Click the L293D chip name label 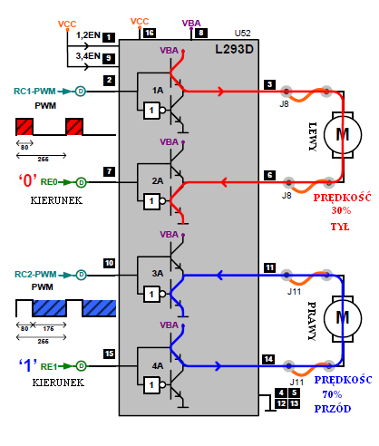tap(234, 49)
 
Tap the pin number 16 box tap(150, 33)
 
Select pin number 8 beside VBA tap(201, 33)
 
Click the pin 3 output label tap(269, 84)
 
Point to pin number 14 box tap(268, 359)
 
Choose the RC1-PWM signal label tap(34, 91)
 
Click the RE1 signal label tap(49, 366)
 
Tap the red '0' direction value tap(27, 180)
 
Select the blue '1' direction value tap(28, 365)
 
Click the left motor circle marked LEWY tap(343, 135)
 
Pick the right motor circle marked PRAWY tap(343, 318)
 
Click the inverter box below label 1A tap(151, 111)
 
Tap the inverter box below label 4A tap(151, 385)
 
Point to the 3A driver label tap(158, 274)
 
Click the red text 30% tap(341, 210)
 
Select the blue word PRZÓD tap(333, 409)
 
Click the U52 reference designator tap(243, 33)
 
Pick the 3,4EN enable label tap(88, 56)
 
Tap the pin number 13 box tap(294, 403)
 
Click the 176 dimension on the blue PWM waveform tap(48, 328)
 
